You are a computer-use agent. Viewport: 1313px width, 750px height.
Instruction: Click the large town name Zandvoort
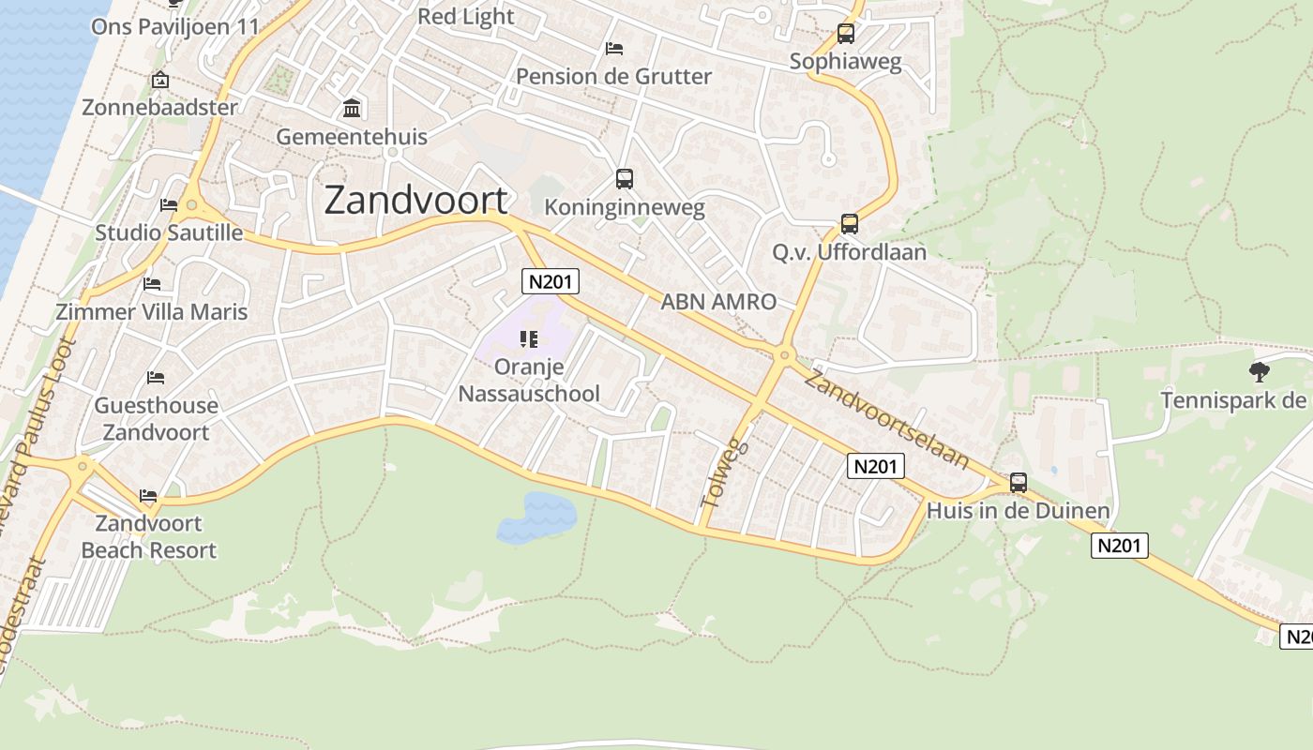(x=416, y=201)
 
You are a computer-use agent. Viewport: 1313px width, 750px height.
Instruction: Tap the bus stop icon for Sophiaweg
(x=846, y=35)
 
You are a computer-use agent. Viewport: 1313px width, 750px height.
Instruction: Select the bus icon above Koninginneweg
(x=624, y=178)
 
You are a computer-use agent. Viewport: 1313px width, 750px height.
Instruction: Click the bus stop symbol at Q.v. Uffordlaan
(x=849, y=224)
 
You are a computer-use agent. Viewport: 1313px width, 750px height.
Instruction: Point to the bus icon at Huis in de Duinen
(x=1019, y=483)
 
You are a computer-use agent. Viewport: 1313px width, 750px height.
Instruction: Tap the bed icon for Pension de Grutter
(x=614, y=48)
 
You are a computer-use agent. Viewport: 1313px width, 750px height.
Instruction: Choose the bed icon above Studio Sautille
(x=169, y=204)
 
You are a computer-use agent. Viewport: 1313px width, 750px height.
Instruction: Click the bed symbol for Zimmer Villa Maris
(x=152, y=283)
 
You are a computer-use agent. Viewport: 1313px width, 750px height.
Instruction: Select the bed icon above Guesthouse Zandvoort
(x=156, y=378)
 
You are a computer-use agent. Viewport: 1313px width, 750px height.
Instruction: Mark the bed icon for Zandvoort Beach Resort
(x=148, y=495)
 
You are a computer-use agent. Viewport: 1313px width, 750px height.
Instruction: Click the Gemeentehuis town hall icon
(x=352, y=109)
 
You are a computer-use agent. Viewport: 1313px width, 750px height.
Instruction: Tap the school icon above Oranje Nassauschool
(x=528, y=338)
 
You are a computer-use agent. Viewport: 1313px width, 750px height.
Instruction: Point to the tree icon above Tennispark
(x=1259, y=372)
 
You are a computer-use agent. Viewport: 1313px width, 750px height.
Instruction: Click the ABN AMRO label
(x=718, y=302)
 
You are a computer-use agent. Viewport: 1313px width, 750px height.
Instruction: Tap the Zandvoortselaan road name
(x=886, y=419)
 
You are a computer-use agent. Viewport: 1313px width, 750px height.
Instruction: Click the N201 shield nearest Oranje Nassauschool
(x=551, y=281)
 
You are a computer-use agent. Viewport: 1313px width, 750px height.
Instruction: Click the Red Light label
(x=465, y=16)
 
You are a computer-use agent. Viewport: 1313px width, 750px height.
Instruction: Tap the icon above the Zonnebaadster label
(x=159, y=80)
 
